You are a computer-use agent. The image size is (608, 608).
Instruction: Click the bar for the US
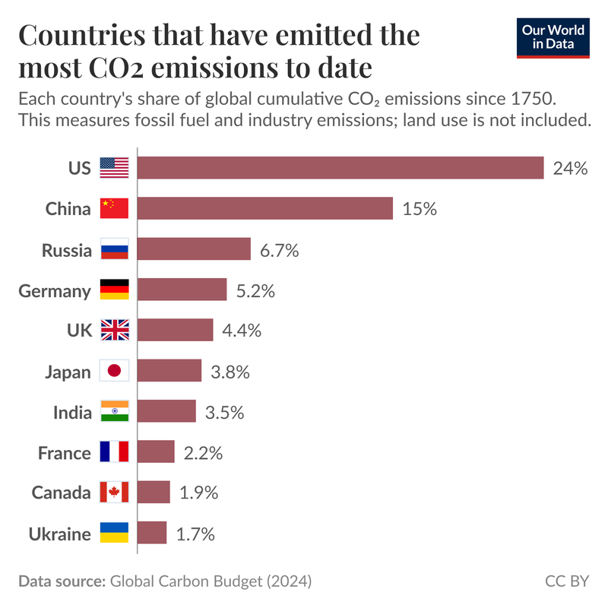coord(340,168)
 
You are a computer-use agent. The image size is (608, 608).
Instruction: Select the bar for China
coord(265,208)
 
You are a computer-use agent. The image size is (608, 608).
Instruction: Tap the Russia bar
coord(194,249)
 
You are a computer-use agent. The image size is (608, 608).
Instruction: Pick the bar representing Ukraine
coord(152,533)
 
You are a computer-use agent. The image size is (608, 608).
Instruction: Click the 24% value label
coord(571,169)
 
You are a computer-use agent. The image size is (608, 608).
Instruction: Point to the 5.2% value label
coord(255,290)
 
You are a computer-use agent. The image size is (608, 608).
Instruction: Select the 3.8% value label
coord(230,372)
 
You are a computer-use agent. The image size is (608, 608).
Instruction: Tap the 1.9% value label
coord(199,492)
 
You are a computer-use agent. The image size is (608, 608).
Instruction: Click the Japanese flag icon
coord(115,371)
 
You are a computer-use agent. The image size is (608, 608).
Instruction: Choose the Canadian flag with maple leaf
coord(115,492)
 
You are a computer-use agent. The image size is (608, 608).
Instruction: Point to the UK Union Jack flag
coord(115,331)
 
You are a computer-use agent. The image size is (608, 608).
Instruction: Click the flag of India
coord(115,412)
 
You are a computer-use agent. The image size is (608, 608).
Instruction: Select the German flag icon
coord(115,290)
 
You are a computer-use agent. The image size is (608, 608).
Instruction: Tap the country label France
coord(65,453)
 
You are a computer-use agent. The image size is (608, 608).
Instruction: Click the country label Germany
coord(55,290)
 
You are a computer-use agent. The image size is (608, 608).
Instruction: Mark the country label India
coord(72,413)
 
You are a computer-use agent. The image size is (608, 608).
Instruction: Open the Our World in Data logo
coord(553,37)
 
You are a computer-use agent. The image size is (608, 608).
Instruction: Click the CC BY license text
coord(567,581)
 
